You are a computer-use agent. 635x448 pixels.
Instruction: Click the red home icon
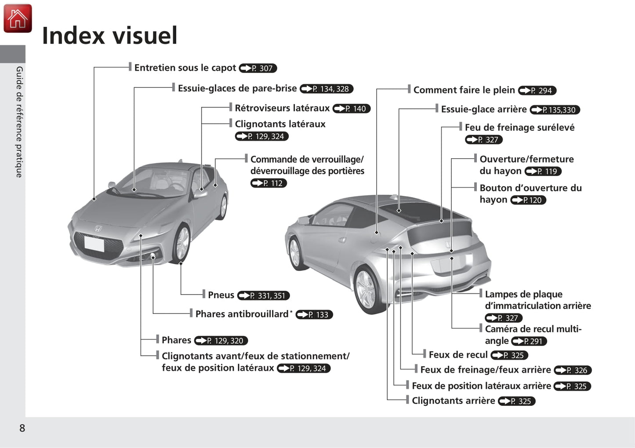[18, 18]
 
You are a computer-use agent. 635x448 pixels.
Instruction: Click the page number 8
[22, 428]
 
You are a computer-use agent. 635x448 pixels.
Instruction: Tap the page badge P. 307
[258, 68]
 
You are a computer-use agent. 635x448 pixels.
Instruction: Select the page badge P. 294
[537, 91]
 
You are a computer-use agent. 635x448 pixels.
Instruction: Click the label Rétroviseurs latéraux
[282, 108]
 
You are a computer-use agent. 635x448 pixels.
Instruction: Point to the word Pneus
[221, 295]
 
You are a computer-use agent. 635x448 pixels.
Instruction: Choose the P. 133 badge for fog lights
[314, 314]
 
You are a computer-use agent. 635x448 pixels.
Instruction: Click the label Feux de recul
[458, 355]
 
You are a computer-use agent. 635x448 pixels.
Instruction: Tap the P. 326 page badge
[573, 370]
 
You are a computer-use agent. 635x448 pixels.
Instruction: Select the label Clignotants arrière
[453, 401]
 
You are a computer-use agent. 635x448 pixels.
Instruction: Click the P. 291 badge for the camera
[529, 341]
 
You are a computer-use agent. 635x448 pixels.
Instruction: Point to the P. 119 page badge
[543, 171]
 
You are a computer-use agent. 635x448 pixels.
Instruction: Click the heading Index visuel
[110, 36]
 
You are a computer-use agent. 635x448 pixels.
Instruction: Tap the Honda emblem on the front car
[98, 229]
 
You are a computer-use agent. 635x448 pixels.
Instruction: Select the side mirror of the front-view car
[200, 193]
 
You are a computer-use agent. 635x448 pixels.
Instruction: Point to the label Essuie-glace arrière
[484, 109]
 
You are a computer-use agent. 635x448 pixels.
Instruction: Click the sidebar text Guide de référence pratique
[19, 122]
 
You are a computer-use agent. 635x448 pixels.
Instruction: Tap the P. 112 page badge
[269, 183]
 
